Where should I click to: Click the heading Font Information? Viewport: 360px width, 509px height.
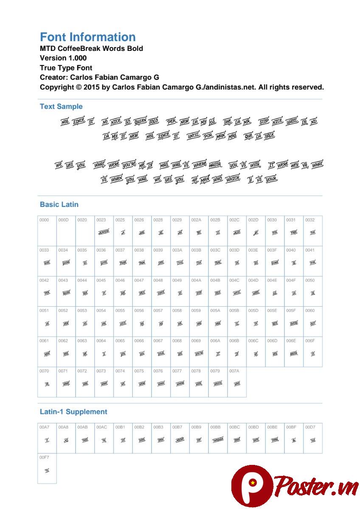[x=87, y=37]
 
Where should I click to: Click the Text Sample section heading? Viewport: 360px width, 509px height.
[x=61, y=106]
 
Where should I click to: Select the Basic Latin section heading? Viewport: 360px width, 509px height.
[x=59, y=204]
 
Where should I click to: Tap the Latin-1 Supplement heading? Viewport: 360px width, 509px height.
[x=73, y=412]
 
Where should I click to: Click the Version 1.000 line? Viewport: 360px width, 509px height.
[x=63, y=58]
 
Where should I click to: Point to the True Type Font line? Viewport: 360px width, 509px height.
[x=66, y=68]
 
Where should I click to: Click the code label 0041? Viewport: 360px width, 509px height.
[x=310, y=250]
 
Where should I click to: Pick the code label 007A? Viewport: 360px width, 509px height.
[x=234, y=371]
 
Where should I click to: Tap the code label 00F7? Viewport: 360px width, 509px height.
[x=44, y=457]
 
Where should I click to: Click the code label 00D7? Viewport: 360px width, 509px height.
[x=310, y=427]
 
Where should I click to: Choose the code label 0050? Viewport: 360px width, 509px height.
[x=310, y=280]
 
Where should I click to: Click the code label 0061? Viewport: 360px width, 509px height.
[x=44, y=341]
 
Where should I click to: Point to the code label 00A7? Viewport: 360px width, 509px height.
[x=44, y=427]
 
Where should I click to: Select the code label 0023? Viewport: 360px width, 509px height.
[x=101, y=220]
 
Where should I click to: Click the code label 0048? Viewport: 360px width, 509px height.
[x=158, y=280]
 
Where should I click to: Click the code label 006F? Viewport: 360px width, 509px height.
[x=310, y=341]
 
